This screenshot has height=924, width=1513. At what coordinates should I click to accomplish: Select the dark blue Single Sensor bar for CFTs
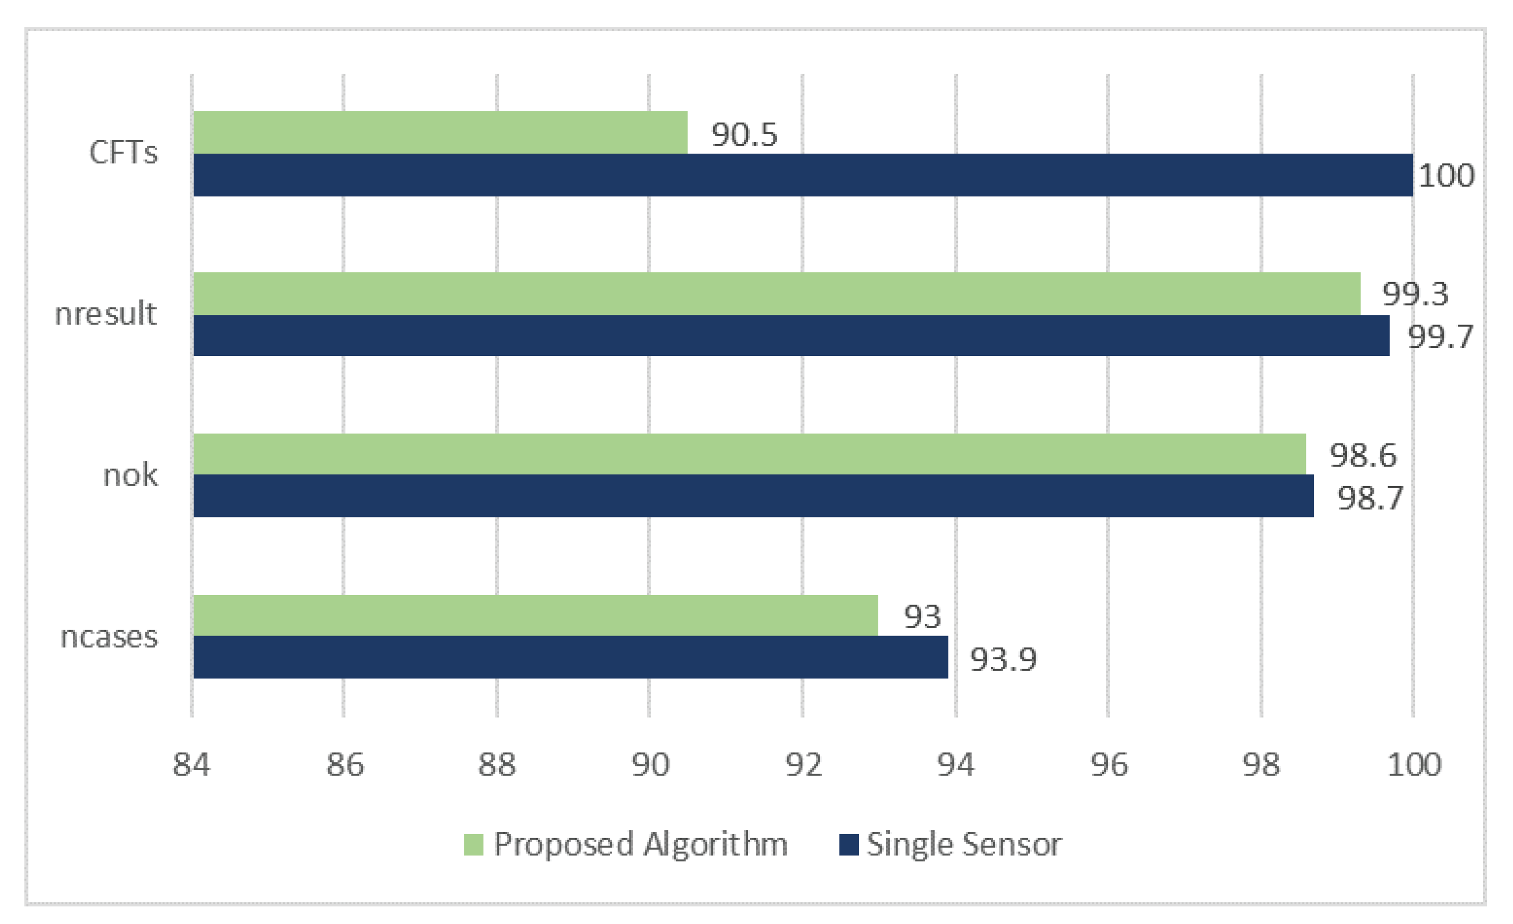803,175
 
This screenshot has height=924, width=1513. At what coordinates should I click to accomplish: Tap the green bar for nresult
776,293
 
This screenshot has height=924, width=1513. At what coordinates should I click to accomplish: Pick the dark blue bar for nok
753,495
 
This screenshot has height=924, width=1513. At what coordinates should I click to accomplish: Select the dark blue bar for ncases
570,657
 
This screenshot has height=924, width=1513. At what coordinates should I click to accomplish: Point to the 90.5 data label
744,134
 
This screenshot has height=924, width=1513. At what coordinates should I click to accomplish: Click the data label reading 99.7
1440,336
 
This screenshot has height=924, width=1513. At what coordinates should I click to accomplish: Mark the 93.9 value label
1003,659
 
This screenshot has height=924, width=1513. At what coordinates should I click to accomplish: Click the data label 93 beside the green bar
922,616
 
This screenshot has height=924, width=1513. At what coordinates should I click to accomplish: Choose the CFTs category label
123,152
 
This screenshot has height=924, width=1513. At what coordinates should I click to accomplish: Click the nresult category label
105,314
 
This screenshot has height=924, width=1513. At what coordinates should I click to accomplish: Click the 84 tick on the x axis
191,765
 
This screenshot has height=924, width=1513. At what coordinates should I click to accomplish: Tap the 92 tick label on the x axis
803,765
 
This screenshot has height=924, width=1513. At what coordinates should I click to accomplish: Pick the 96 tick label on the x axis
1109,765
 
